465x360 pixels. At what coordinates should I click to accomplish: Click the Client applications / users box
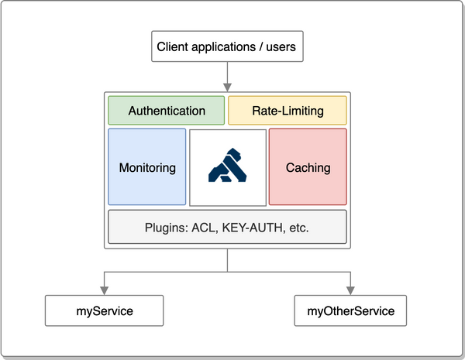pyautogui.click(x=226, y=47)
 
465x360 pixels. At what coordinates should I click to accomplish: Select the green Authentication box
pyautogui.click(x=167, y=111)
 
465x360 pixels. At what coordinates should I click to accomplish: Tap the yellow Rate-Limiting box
pyautogui.click(x=288, y=111)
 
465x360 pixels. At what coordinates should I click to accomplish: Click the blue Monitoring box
pyautogui.click(x=147, y=167)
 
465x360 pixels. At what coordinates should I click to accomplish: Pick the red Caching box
pyautogui.click(x=308, y=167)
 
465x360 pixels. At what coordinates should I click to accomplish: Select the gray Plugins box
pyautogui.click(x=227, y=228)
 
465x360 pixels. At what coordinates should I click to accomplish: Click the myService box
pyautogui.click(x=105, y=311)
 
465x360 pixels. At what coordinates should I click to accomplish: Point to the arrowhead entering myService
pyautogui.click(x=105, y=291)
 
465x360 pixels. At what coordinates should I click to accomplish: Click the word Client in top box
pyautogui.click(x=173, y=47)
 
